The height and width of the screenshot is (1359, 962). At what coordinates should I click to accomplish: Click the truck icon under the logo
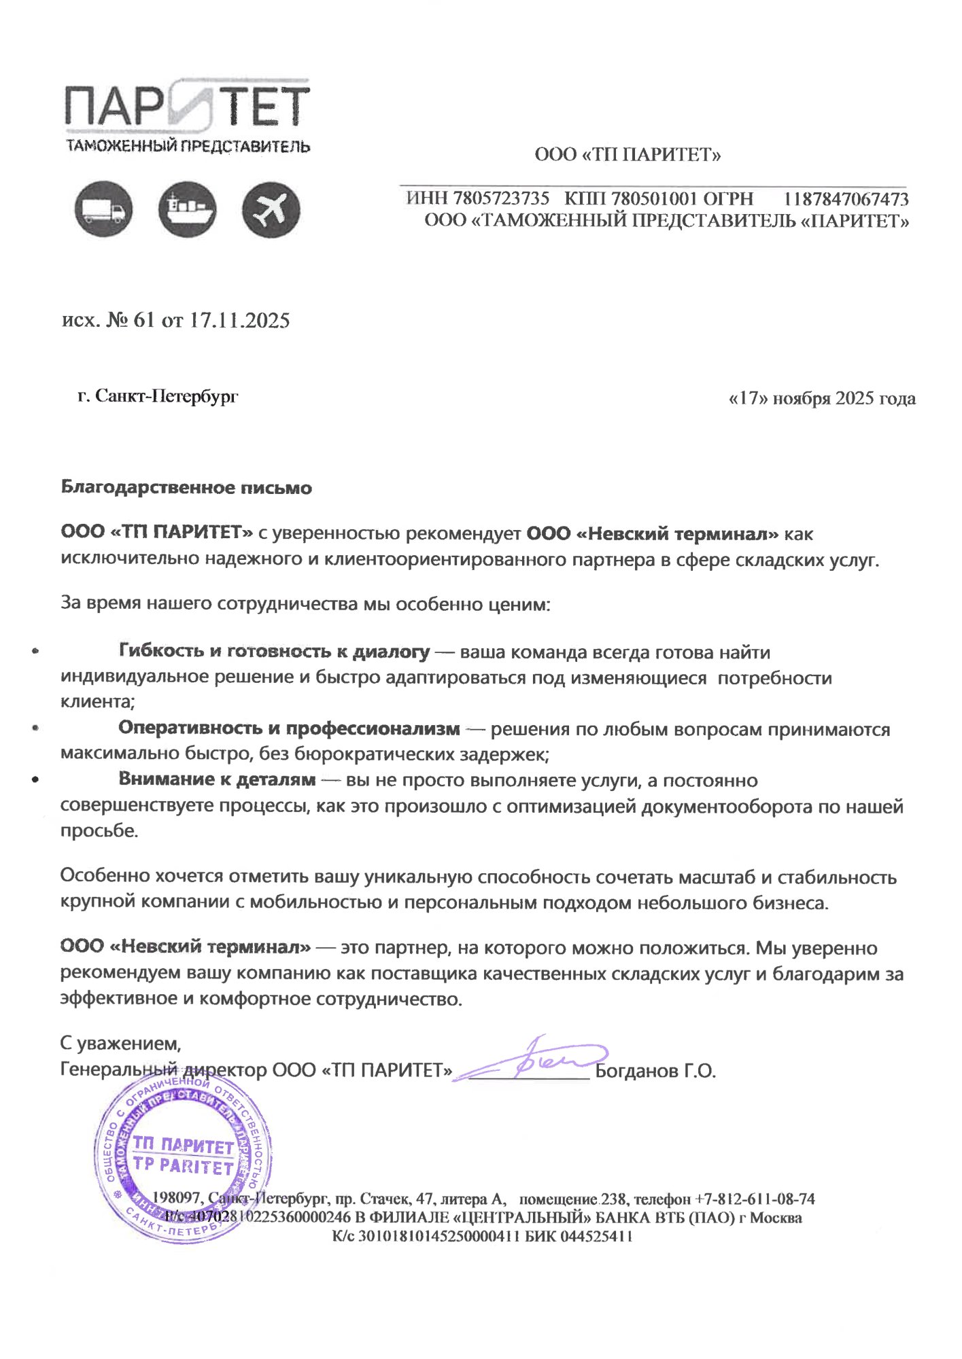(103, 210)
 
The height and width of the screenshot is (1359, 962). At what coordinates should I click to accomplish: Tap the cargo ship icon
(187, 209)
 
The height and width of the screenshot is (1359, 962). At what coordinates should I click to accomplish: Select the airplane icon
(271, 210)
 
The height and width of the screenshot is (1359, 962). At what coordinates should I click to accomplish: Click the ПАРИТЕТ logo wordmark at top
(187, 107)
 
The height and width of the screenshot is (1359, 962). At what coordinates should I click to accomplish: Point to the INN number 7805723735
(501, 198)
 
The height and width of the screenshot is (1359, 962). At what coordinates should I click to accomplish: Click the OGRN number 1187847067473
(846, 199)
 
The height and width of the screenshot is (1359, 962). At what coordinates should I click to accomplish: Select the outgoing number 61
(144, 320)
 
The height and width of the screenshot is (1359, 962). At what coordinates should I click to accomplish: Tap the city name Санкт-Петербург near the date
(167, 396)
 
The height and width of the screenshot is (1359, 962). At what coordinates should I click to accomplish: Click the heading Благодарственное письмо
(186, 488)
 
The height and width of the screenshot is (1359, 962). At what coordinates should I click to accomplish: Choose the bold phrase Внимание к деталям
(217, 779)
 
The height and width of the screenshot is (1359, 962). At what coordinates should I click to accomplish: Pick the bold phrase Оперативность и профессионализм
(289, 728)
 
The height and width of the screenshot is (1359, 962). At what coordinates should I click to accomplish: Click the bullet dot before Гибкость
(35, 652)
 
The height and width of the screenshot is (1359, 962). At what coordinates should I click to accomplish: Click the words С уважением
(120, 1042)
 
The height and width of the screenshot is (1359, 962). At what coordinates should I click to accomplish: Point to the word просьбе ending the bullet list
(99, 831)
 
